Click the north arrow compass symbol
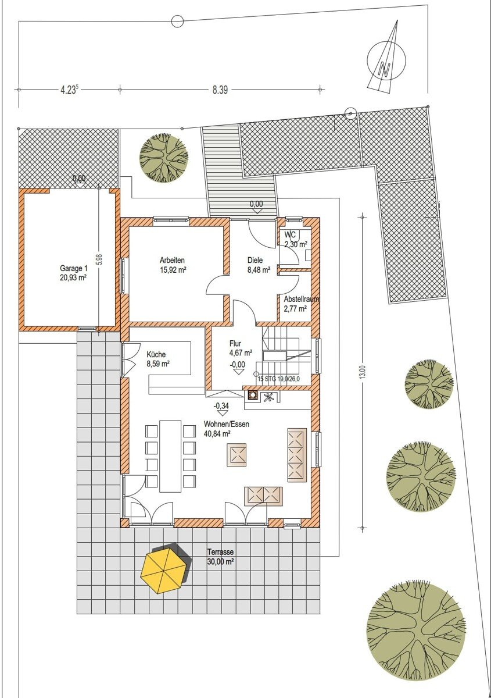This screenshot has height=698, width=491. coord(386,61)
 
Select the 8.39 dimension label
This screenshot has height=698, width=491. coord(220,90)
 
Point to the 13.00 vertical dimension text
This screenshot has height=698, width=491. coord(361,372)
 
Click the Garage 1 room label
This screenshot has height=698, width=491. coord(73,273)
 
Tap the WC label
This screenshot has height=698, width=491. coord(288,234)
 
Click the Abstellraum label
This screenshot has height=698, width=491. coord(302,299)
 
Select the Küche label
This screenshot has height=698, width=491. coord(156,354)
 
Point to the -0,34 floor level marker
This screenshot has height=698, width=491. coord(221,409)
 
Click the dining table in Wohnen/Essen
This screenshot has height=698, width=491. coord(170,455)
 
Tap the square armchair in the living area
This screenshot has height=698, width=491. coord(238,455)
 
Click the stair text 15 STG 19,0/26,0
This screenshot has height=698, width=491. coord(279,379)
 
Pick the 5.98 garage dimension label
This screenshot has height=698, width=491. coord(99,259)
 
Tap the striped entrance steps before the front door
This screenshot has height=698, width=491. coord(239,171)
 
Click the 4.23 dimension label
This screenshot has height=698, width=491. coord(69,90)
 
